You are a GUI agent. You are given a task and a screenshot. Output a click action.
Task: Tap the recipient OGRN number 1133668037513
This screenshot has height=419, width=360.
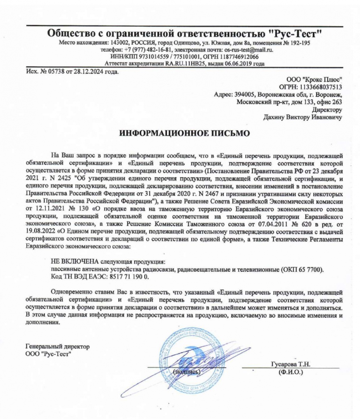coord(322,87)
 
